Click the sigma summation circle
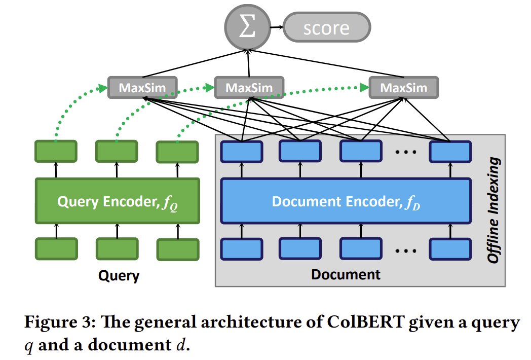click(x=248, y=27)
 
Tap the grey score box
click(x=327, y=27)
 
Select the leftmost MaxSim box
click(x=142, y=88)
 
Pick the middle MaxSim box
click(x=249, y=88)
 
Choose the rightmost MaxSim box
click(x=404, y=88)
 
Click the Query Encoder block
click(x=118, y=201)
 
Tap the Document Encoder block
click(x=346, y=201)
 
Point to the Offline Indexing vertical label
click(x=494, y=210)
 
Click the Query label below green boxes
click(x=119, y=276)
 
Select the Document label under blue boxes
click(x=346, y=275)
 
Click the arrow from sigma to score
click(x=277, y=27)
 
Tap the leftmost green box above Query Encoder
click(x=56, y=151)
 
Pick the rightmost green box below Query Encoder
click(x=178, y=249)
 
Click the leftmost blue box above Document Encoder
click(x=242, y=152)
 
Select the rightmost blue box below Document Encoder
click(x=450, y=249)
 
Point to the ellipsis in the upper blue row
click(x=406, y=152)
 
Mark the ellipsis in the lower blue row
click(x=406, y=251)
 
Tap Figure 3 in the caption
click(x=60, y=321)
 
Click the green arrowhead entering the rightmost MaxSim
click(x=364, y=88)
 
